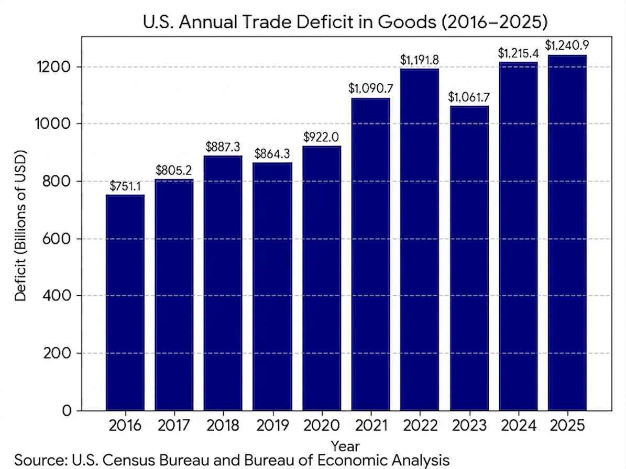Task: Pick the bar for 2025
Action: tap(567, 232)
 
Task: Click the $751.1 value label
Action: tap(125, 186)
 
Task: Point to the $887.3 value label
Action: tap(223, 147)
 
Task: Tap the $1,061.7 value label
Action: tap(468, 97)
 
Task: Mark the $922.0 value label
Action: tap(322, 137)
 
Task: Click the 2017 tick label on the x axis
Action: tap(174, 425)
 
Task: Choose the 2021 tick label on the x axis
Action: tap(370, 425)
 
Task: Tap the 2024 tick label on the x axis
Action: tap(518, 425)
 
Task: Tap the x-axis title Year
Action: tap(346, 446)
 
